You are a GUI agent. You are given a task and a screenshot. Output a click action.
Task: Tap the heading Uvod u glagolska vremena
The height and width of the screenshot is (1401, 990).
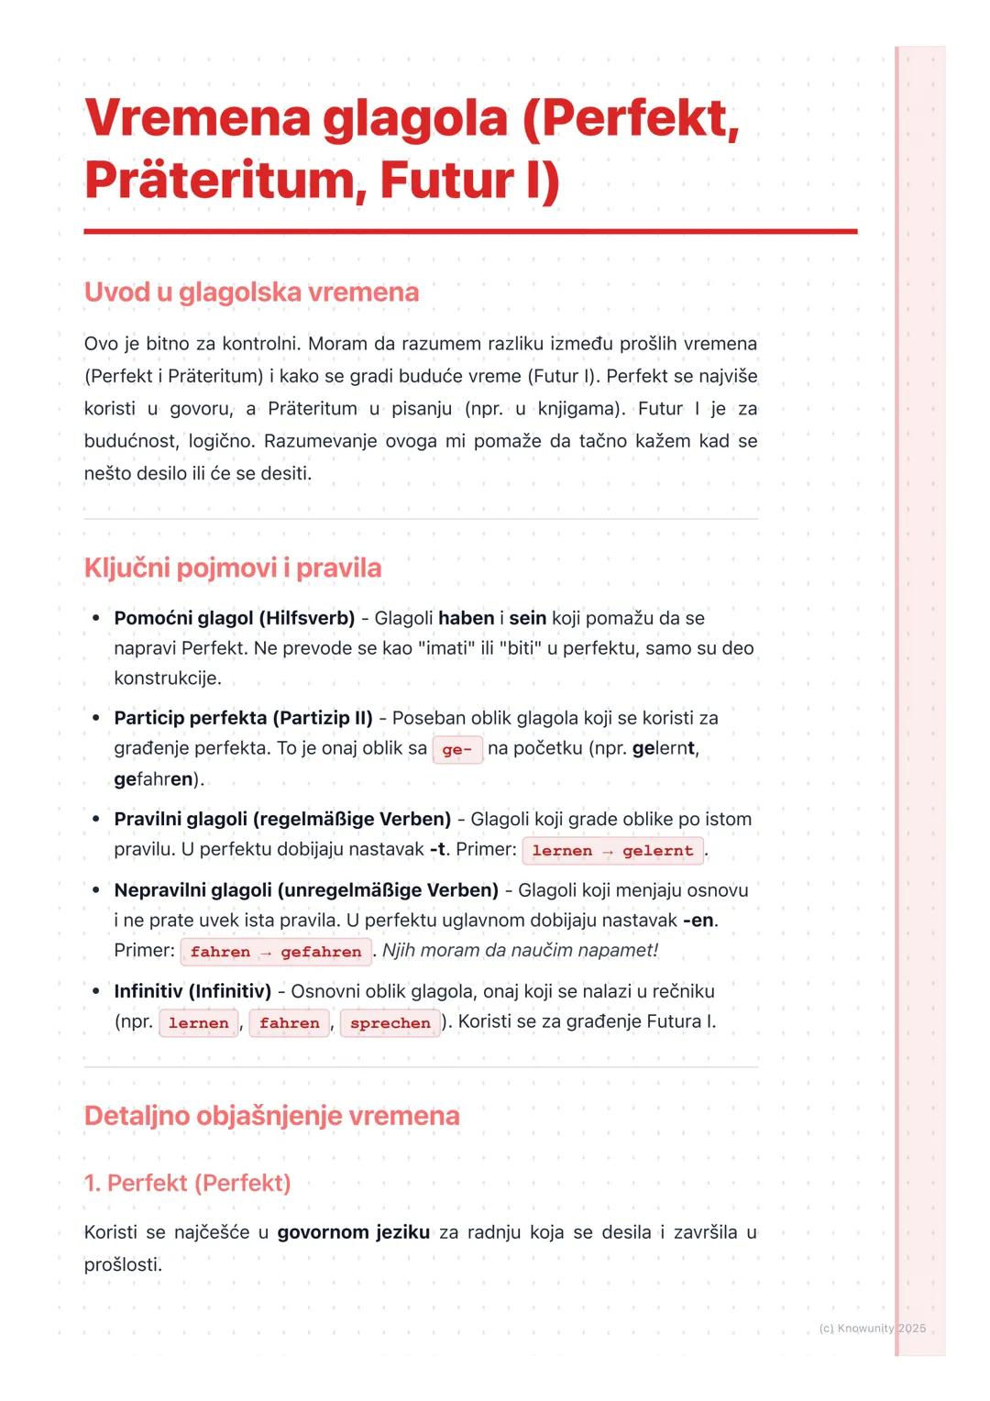coord(251,292)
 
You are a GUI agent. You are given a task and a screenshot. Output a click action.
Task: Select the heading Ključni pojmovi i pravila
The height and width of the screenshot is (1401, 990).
coord(233,568)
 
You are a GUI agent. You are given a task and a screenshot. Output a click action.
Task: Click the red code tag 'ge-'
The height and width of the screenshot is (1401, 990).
coord(456,750)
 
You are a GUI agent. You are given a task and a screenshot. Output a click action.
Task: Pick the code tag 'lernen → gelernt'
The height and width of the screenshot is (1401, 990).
coord(612,851)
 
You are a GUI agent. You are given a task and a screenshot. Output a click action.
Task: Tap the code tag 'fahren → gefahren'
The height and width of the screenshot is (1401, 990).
coord(276,952)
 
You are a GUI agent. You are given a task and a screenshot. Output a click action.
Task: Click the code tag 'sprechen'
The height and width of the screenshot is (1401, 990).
coord(390,1023)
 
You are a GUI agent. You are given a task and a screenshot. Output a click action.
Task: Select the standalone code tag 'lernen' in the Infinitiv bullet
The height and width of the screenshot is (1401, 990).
coord(198,1023)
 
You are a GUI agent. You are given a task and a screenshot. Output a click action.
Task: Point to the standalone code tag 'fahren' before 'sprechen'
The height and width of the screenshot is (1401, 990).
coord(290,1023)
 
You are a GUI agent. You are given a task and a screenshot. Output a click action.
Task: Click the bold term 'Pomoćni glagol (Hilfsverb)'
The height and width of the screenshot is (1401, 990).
coord(234,619)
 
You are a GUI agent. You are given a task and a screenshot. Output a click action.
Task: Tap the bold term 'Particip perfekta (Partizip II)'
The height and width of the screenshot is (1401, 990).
coord(243,718)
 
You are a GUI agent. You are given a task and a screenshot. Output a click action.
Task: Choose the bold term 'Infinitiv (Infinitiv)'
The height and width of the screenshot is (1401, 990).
coord(192,991)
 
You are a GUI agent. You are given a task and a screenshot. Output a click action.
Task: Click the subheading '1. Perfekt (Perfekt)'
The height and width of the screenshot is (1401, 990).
coord(187,1184)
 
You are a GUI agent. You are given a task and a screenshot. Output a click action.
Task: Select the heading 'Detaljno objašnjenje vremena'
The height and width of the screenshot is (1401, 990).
coord(271,1116)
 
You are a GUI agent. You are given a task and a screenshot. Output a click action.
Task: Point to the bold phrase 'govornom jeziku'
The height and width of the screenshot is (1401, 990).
coord(353,1232)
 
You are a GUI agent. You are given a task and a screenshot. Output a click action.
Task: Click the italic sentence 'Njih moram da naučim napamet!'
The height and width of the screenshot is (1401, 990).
coord(520,951)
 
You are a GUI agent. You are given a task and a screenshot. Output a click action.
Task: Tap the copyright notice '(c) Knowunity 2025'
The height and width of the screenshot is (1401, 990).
coord(872,1329)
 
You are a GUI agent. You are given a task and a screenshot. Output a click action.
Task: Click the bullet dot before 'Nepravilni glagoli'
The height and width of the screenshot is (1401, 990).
coord(95,890)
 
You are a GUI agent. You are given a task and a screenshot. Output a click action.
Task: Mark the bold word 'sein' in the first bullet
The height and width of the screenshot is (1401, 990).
coord(527,619)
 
